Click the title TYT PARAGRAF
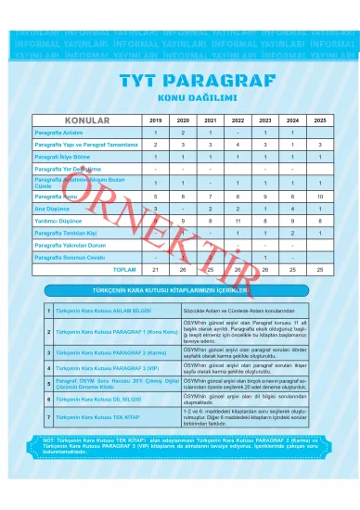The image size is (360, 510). pyautogui.click(x=180, y=83)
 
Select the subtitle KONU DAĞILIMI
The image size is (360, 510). pyautogui.click(x=180, y=99)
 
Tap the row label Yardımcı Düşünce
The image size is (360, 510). pyautogui.click(x=58, y=220)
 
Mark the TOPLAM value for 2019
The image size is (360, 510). pyautogui.click(x=156, y=269)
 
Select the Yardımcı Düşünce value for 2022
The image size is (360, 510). pyautogui.click(x=238, y=220)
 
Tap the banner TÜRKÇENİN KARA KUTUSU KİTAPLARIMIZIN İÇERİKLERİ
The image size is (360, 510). pyautogui.click(x=180, y=291)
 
